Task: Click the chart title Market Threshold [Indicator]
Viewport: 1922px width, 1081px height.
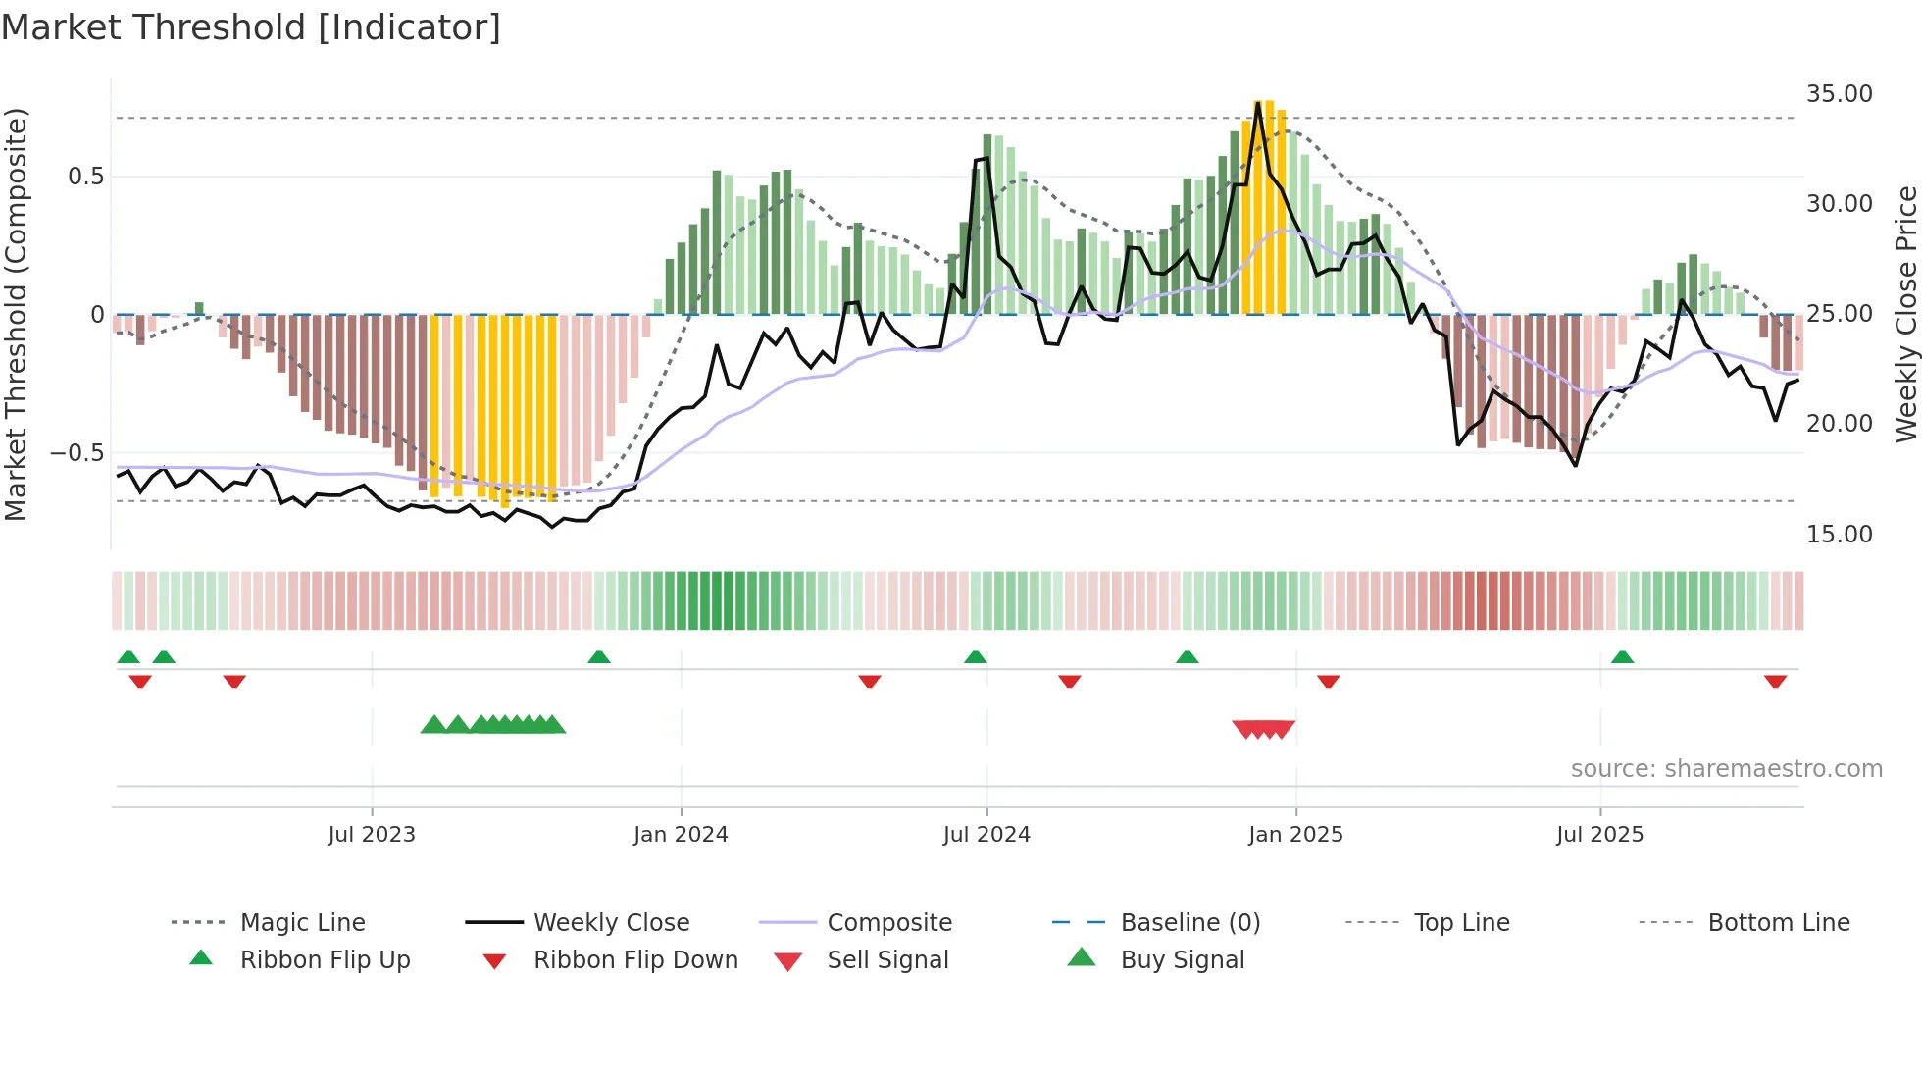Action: [x=251, y=27]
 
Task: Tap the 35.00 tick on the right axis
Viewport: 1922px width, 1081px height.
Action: [x=1839, y=94]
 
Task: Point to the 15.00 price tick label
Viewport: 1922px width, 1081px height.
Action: [x=1839, y=535]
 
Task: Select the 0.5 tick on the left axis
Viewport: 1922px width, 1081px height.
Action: [x=85, y=177]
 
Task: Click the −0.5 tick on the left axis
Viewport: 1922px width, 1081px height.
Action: [x=76, y=453]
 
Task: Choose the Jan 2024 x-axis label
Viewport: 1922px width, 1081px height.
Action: [x=681, y=835]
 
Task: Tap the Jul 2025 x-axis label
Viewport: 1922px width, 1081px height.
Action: [x=1599, y=835]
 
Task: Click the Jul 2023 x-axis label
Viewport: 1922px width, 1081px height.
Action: [x=372, y=835]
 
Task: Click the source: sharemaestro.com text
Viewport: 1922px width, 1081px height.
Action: [x=1726, y=769]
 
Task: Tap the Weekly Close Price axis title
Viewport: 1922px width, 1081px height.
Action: [x=1905, y=314]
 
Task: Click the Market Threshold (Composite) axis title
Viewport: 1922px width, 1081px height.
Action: [x=16, y=314]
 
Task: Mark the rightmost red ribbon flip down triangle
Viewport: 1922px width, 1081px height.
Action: [x=1775, y=681]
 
